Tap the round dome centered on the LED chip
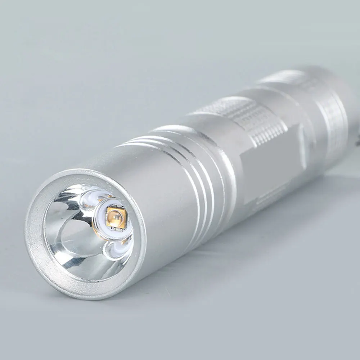(x=115, y=216)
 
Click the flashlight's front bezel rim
(x=36, y=245)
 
